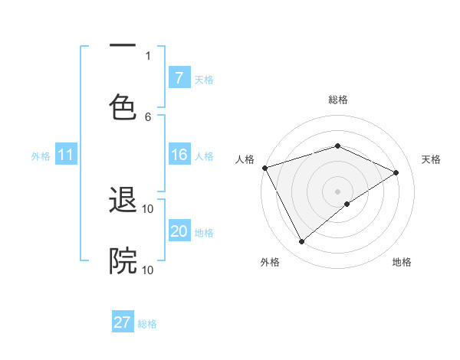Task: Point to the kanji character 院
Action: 123,260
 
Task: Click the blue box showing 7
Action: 179,78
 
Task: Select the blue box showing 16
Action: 179,155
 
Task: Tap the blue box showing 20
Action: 179,232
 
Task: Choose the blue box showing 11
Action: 66,155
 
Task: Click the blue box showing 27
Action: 123,322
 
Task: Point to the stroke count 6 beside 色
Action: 148,116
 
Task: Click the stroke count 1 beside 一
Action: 148,55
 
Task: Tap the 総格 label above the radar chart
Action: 338,100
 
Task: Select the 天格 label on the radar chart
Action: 431,159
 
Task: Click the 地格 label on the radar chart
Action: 402,262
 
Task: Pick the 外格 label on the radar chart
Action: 270,262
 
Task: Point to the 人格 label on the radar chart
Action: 245,159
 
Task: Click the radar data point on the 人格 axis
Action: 264,167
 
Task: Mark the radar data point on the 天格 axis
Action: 396,172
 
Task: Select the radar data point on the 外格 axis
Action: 301,242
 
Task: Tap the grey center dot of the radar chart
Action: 338,191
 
